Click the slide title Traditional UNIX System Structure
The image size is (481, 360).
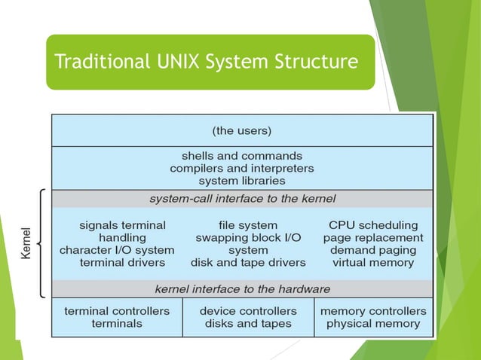point(207,62)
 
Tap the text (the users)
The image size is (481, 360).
point(242,130)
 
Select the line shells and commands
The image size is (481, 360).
point(242,155)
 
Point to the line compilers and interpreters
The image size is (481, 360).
point(242,168)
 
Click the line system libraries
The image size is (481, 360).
point(242,181)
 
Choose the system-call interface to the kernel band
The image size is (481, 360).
point(242,199)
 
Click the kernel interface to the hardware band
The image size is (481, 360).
point(242,288)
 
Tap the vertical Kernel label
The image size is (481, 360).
point(26,243)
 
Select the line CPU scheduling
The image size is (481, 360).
point(372,224)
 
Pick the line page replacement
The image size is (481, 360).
point(372,237)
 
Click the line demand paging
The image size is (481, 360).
point(372,250)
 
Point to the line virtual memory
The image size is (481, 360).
point(372,263)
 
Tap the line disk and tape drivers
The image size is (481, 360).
point(248,263)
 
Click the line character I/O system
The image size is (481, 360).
point(117,250)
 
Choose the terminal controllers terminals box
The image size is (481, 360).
point(117,317)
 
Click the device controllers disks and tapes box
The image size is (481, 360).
point(248,317)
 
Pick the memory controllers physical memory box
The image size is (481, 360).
point(373,317)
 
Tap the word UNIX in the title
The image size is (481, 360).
point(179,62)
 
